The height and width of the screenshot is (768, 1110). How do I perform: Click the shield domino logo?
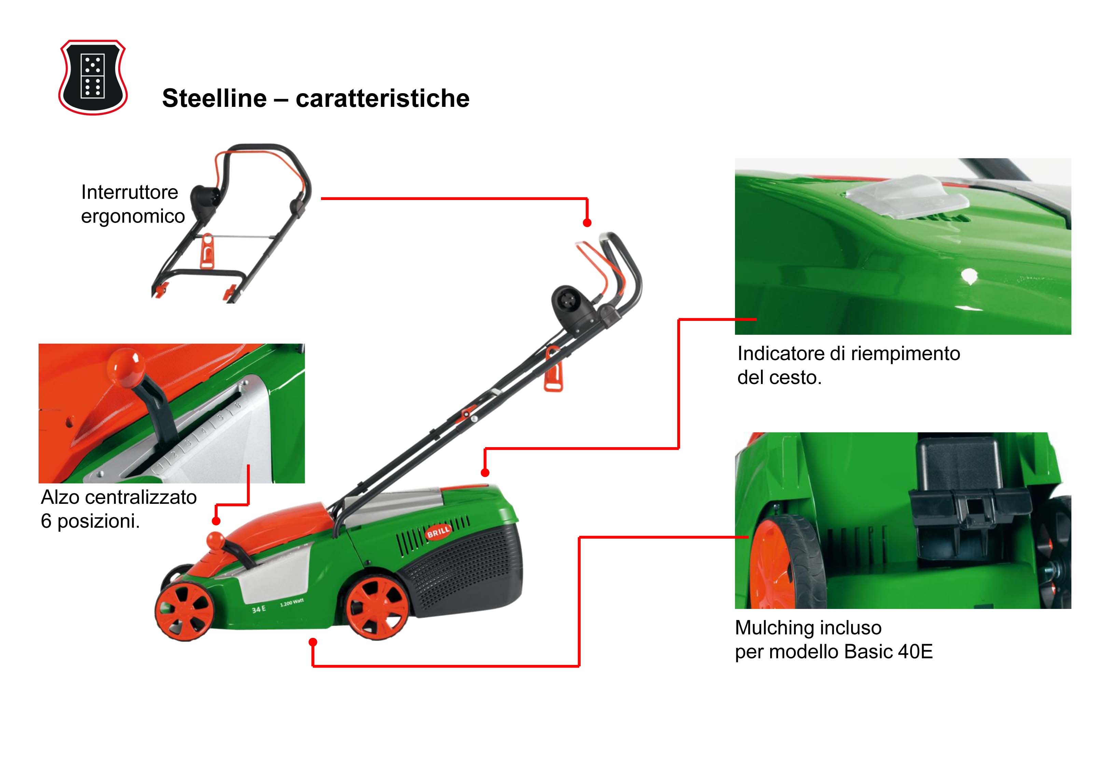tap(93, 77)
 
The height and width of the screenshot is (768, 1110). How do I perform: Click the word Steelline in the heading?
tap(214, 98)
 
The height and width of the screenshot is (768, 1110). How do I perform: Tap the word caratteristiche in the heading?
tap(382, 98)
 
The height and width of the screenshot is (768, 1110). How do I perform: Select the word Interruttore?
tap(129, 192)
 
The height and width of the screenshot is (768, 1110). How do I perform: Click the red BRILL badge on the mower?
tap(439, 531)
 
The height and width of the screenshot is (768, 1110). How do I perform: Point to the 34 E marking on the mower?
tap(259, 609)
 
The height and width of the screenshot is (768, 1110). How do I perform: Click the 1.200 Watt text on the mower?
tap(292, 602)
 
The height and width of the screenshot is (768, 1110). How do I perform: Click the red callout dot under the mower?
tap(313, 642)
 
